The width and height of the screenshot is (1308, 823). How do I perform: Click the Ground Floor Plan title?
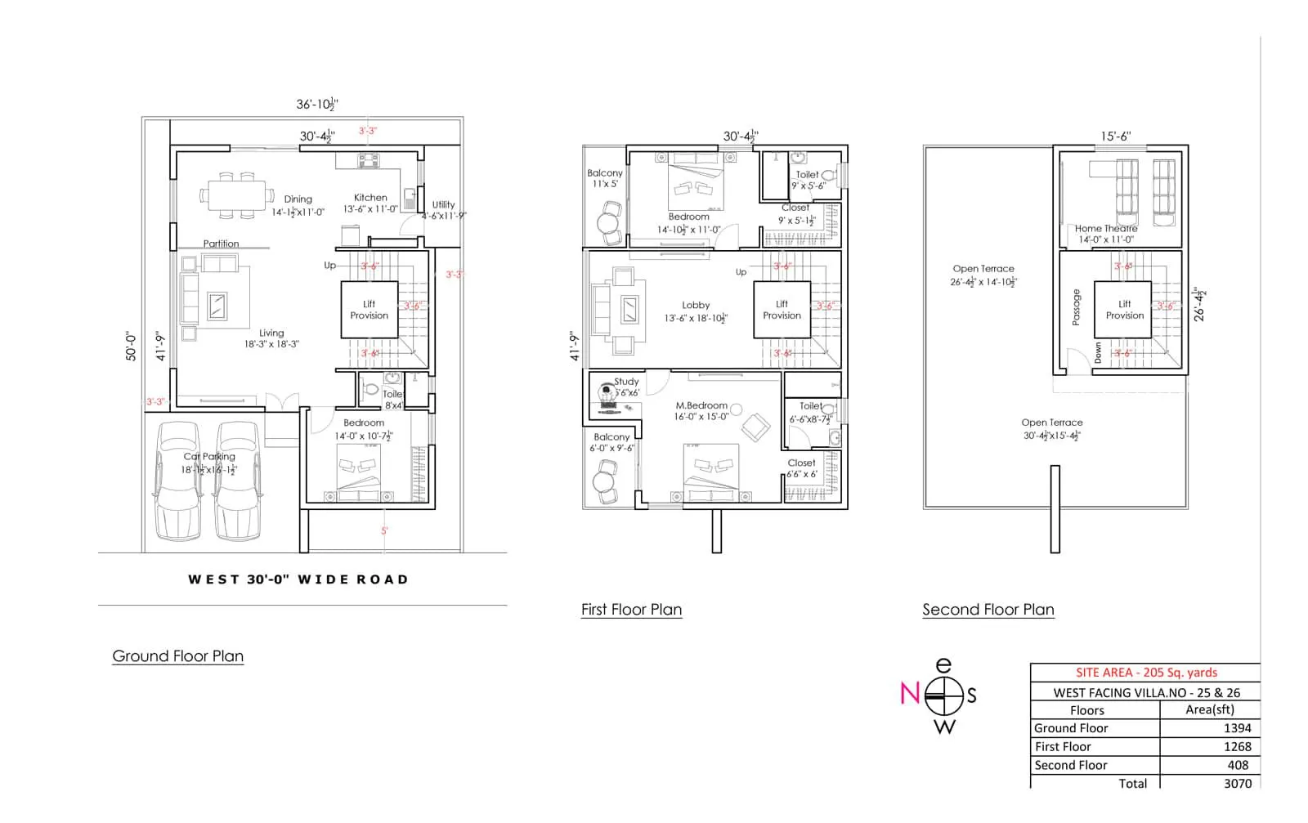coord(177,655)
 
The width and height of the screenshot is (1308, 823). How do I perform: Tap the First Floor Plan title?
coord(631,609)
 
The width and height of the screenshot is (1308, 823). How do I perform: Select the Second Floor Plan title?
coord(988,609)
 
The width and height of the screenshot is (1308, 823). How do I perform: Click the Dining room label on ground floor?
coord(298,199)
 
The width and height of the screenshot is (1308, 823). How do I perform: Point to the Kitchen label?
coord(370,197)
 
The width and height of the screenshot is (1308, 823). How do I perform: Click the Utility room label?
coord(443,204)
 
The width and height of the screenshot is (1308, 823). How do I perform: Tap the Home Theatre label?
coord(1105,228)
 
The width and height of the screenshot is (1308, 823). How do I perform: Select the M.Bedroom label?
coord(701,405)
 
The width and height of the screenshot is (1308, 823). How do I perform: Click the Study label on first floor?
coord(626,381)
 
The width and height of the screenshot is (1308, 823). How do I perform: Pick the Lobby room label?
coord(696,305)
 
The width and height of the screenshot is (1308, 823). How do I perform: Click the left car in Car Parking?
coord(177,482)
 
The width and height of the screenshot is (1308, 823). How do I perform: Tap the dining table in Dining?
coord(237,196)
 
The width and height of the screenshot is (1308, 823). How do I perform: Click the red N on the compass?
coord(909,693)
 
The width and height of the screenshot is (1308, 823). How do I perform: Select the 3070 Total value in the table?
coord(1237,783)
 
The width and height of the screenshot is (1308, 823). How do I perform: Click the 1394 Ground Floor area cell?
coord(1237,727)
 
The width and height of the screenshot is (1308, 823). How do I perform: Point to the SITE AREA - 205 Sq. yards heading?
coord(1145,672)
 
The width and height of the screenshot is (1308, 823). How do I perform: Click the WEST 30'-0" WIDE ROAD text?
coord(298,579)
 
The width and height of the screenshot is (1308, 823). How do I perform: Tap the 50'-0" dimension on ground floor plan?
coord(131,346)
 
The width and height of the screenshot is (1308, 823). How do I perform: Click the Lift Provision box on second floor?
coord(1124,309)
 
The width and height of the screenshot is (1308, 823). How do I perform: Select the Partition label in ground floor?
coord(221,244)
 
